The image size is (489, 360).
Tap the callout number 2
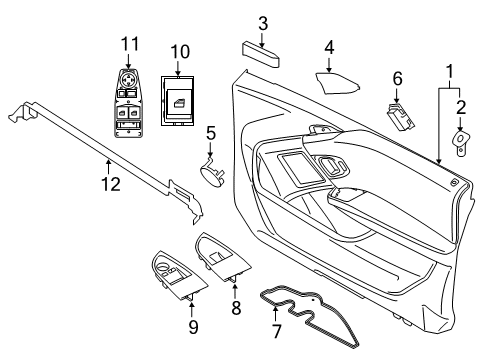coord(462,108)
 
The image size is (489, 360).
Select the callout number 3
coord(263,23)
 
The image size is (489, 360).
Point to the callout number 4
coord(330,47)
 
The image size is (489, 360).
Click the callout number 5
coord(211,133)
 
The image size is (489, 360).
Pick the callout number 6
coord(396,78)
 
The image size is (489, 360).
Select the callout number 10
coord(180,50)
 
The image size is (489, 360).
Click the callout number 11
coord(127,43)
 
